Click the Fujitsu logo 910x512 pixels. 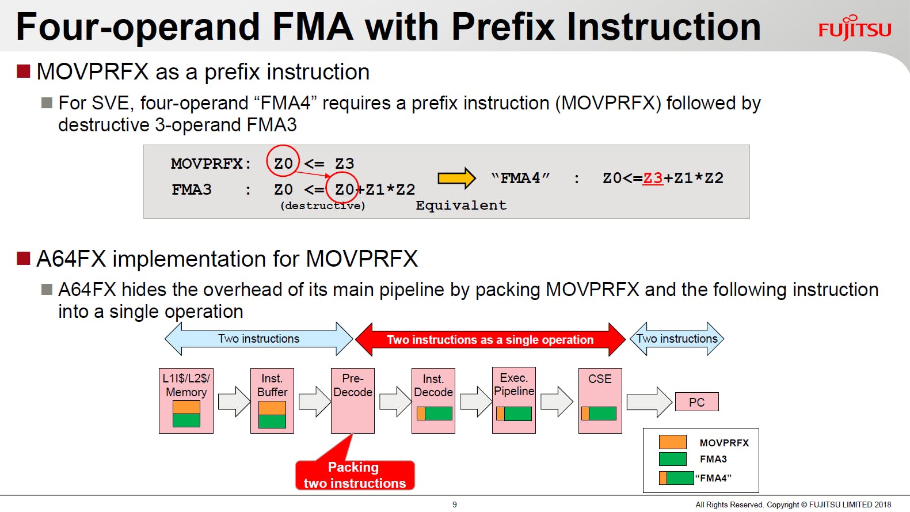tap(855, 28)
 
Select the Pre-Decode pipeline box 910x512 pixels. tap(353, 401)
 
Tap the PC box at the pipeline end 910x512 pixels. tap(696, 402)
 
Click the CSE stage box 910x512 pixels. tap(600, 401)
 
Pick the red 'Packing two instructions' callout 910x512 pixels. tap(355, 475)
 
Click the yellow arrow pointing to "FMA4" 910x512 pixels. tap(456, 178)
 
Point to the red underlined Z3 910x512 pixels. tap(653, 179)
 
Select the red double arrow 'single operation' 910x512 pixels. tap(490, 339)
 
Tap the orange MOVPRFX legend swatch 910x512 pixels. tap(673, 442)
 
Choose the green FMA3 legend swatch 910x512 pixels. tap(673, 459)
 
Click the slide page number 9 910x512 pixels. tap(455, 505)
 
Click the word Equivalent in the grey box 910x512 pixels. tap(461, 205)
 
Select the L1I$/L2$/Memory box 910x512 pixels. tap(186, 401)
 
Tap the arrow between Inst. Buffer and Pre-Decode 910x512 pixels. tap(314, 401)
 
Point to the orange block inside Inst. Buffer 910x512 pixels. tap(272, 408)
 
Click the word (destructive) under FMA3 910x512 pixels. tap(323, 206)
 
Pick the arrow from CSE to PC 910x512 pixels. tap(649, 402)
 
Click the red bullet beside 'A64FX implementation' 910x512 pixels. tap(24, 259)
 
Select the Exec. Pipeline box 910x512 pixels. tap(514, 401)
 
